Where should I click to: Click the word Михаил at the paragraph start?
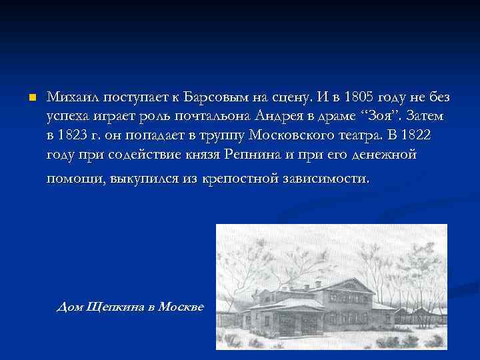click(70, 97)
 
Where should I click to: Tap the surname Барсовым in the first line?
click(215, 97)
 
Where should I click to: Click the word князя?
click(201, 154)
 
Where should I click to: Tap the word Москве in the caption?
click(183, 306)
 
